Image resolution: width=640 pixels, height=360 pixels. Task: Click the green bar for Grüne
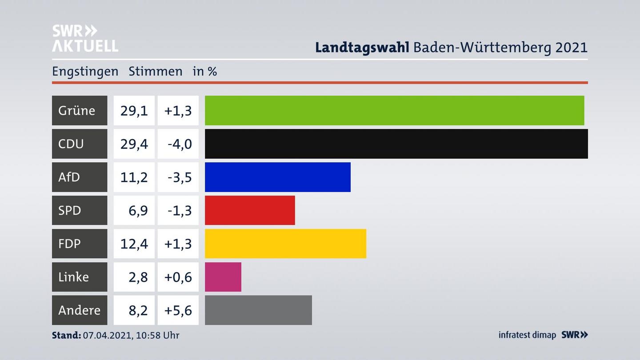coord(394,110)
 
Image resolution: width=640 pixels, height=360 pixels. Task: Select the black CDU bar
coord(396,144)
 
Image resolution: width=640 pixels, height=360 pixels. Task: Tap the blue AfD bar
coord(277,177)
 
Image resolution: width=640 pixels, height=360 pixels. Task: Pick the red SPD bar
coord(250,210)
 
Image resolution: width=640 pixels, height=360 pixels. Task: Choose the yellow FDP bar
coord(285,244)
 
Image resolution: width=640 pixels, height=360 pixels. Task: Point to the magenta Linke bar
coord(223,277)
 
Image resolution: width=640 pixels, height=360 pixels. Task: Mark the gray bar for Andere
coord(258,310)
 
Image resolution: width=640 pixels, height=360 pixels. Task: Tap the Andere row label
coord(80,310)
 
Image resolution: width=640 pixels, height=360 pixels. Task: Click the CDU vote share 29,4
coord(134,144)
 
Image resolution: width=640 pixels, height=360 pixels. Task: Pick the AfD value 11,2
coord(134,177)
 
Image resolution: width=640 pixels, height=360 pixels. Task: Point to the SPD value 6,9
coord(138,210)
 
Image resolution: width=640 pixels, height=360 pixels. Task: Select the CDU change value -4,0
coord(180,144)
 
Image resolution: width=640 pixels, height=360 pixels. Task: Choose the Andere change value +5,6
coord(178,310)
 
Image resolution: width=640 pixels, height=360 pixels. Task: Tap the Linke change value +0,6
coord(178,277)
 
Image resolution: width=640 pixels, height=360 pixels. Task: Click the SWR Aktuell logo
coord(85,38)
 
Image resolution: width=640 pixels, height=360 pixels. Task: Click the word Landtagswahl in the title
coord(362,47)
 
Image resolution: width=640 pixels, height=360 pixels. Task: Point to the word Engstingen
coord(85,71)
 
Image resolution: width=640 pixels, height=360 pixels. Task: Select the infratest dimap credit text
coord(527,335)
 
